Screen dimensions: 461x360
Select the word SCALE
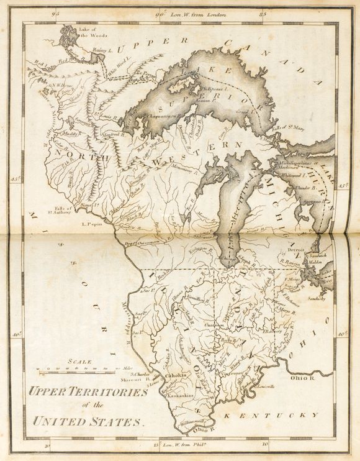pyautogui.click(x=81, y=362)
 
